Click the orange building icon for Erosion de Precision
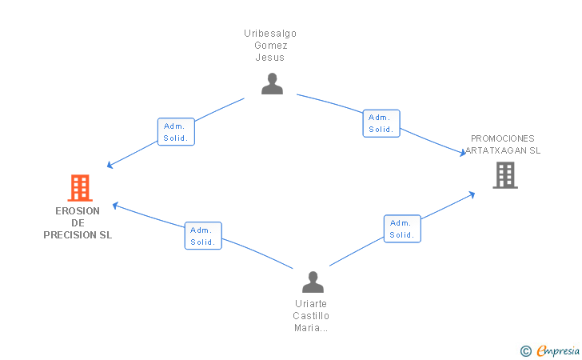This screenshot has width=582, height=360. pyautogui.click(x=80, y=188)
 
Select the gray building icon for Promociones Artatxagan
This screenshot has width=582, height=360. pyautogui.click(x=505, y=175)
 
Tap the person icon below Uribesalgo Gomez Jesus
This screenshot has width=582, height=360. pyautogui.click(x=272, y=83)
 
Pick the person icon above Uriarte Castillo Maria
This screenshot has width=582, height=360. pyautogui.click(x=313, y=282)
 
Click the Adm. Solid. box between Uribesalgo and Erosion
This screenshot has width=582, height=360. pyautogui.click(x=176, y=132)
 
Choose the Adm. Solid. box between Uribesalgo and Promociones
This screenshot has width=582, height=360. pyautogui.click(x=381, y=123)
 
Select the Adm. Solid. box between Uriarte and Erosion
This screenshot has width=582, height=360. pyautogui.click(x=203, y=236)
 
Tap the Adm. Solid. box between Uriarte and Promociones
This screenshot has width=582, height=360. pyautogui.click(x=402, y=229)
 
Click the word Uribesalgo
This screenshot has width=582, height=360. pyautogui.click(x=270, y=34)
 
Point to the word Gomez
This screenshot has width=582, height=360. pyautogui.click(x=271, y=46)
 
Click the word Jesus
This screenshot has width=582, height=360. pyautogui.click(x=270, y=58)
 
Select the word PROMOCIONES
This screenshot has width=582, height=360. pyautogui.click(x=503, y=138)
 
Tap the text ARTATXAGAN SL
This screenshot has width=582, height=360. pyautogui.click(x=503, y=150)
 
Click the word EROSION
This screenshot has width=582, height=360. pyautogui.click(x=78, y=211)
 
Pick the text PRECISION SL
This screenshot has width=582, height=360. pyautogui.click(x=78, y=235)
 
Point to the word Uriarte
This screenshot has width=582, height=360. pyautogui.click(x=311, y=304)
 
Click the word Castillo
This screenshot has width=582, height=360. pyautogui.click(x=311, y=316)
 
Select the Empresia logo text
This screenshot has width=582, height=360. pyautogui.click(x=558, y=350)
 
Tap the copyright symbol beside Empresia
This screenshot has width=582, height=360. pyautogui.click(x=526, y=351)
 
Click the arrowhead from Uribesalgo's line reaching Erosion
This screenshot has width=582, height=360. pyautogui.click(x=110, y=165)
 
